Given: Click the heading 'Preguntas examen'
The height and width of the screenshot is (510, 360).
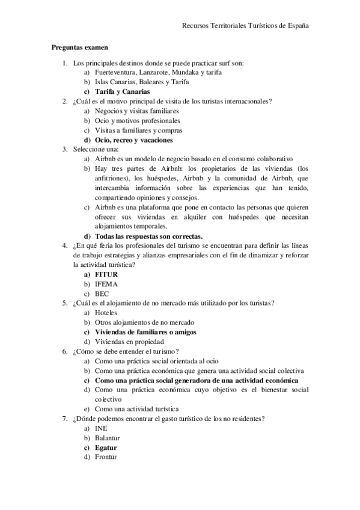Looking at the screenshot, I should (x=79, y=46).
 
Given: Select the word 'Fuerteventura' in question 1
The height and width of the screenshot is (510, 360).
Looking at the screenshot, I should (x=117, y=72).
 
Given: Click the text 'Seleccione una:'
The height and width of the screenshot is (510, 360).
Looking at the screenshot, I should (x=96, y=150).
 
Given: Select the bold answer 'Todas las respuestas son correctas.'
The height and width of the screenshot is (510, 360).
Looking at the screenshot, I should (x=149, y=236).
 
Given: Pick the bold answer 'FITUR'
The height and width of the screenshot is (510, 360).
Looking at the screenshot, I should (x=106, y=275).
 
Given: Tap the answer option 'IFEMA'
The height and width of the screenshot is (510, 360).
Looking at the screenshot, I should (x=106, y=284).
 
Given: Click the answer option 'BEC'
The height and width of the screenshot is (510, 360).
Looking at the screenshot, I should (x=102, y=294).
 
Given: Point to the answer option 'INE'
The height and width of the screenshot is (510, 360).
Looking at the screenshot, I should (x=102, y=428).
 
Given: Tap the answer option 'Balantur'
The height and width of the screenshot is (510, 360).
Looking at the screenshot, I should (x=109, y=438).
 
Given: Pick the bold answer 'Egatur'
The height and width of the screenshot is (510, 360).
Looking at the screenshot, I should (x=106, y=447).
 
